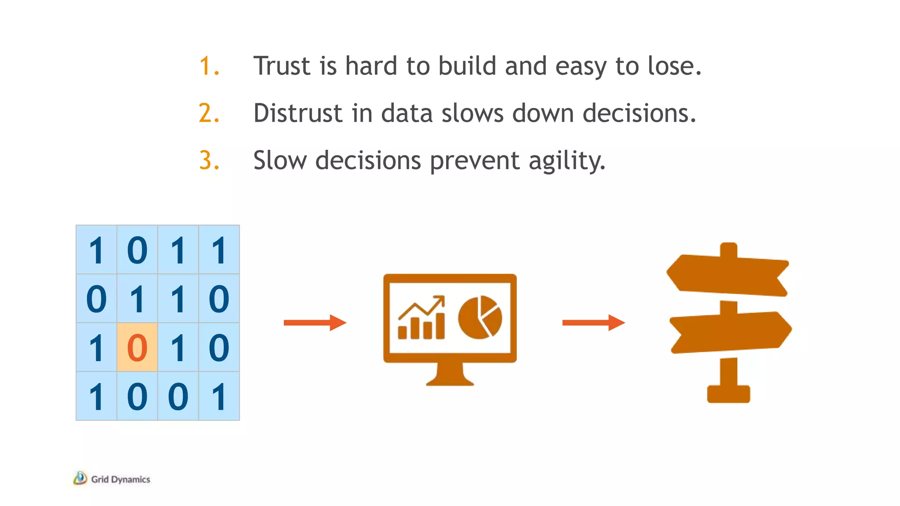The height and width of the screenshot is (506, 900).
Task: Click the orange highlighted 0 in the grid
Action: [x=137, y=347]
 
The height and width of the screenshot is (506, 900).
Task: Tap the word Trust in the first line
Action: [x=282, y=66]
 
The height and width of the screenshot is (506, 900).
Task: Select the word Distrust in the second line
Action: [x=298, y=113]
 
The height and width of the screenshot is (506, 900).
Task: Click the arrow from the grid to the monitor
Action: [x=315, y=323]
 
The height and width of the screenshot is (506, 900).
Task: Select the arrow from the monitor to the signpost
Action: [x=593, y=323]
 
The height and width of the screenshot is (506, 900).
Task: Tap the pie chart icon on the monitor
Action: [x=480, y=317]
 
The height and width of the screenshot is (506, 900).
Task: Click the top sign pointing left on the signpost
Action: [x=727, y=275]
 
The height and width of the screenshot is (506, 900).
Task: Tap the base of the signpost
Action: [x=728, y=394]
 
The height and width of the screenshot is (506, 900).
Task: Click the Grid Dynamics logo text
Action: [x=120, y=479]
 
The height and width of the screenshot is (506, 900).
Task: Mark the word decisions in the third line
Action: [x=368, y=161]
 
